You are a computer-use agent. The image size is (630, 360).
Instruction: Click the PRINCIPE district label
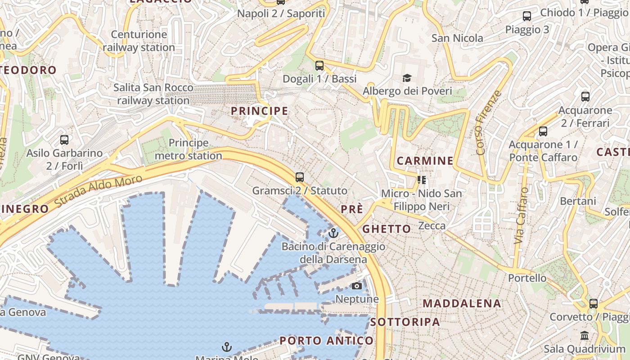(x=259, y=111)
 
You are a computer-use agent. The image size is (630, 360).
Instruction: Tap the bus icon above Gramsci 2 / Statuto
(x=300, y=177)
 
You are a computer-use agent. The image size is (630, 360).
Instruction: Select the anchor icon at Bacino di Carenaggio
(x=333, y=233)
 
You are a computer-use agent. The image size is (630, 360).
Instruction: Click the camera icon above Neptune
(x=356, y=286)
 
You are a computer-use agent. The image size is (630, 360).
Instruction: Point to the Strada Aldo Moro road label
(x=98, y=192)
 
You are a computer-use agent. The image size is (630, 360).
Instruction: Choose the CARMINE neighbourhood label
(x=425, y=161)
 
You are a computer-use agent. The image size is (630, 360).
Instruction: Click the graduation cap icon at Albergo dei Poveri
(x=407, y=78)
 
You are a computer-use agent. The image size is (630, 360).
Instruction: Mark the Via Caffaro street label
(x=522, y=216)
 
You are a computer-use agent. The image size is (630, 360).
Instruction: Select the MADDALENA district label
(x=462, y=303)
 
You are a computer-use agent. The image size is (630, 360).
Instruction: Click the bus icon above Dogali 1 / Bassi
(x=319, y=66)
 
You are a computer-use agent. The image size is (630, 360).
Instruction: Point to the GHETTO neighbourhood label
(x=387, y=229)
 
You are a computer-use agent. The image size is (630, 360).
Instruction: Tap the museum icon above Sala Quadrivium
(x=585, y=336)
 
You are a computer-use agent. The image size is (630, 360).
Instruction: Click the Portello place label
(x=527, y=278)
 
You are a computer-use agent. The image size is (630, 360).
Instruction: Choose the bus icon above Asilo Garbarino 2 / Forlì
(x=64, y=140)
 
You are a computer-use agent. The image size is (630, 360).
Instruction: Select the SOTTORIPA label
(x=405, y=322)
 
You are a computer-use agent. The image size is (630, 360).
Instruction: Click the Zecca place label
(x=432, y=226)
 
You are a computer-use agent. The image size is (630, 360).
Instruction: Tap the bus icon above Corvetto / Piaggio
(x=594, y=304)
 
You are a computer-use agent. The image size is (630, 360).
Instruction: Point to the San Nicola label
(x=457, y=38)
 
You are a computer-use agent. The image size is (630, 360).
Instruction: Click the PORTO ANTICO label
(x=327, y=341)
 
